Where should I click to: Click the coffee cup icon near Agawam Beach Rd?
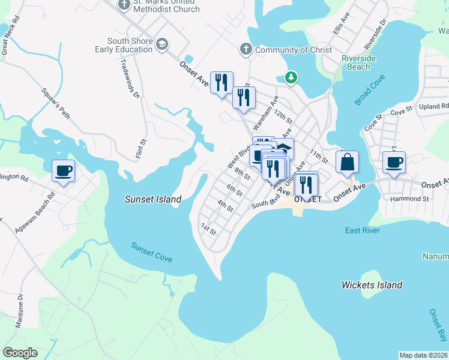(63, 170)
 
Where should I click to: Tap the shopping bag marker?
(347, 162)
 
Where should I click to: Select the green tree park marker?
(291, 77)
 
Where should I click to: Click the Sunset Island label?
(153, 199)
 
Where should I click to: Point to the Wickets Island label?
(372, 285)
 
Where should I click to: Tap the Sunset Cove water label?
(152, 253)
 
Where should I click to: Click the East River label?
(363, 231)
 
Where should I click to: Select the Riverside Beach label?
(359, 62)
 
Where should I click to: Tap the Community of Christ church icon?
(246, 50)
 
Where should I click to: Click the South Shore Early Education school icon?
(162, 44)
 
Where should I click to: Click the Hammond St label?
(411, 199)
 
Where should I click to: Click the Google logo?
(20, 353)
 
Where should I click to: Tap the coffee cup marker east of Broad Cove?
(394, 162)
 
